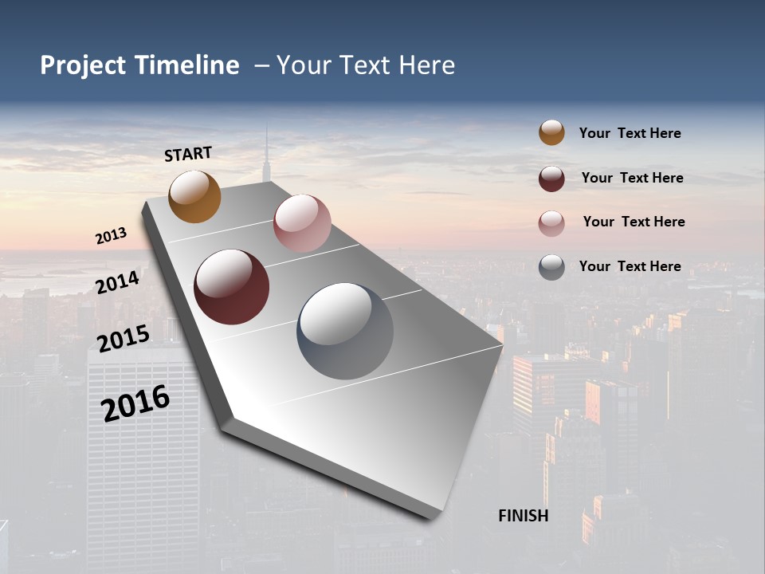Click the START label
(x=188, y=154)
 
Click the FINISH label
(x=524, y=516)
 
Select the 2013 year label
(x=112, y=236)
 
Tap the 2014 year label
(x=118, y=282)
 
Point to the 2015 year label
(x=124, y=339)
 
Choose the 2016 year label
(x=135, y=403)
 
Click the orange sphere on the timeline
(x=194, y=197)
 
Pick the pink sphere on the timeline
(x=302, y=223)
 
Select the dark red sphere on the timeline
(x=231, y=287)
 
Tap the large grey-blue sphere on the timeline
(x=345, y=331)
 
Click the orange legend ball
(x=551, y=132)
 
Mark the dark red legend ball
(x=551, y=179)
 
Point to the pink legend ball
(x=551, y=223)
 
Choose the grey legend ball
(x=551, y=267)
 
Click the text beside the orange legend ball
(x=630, y=133)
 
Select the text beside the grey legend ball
(x=630, y=266)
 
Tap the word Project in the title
(x=83, y=65)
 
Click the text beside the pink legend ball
(x=634, y=222)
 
